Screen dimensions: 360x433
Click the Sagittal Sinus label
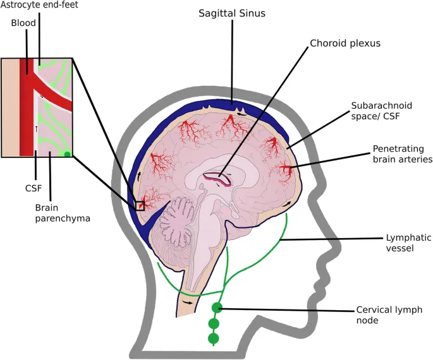(232, 13)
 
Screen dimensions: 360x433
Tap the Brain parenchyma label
(63, 213)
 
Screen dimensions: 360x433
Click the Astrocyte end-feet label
(39, 4)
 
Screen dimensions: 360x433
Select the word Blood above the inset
(23, 23)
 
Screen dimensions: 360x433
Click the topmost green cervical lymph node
(217, 308)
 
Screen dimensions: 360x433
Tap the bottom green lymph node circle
(213, 339)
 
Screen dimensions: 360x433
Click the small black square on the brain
(140, 205)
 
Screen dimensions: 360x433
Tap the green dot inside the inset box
(67, 153)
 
